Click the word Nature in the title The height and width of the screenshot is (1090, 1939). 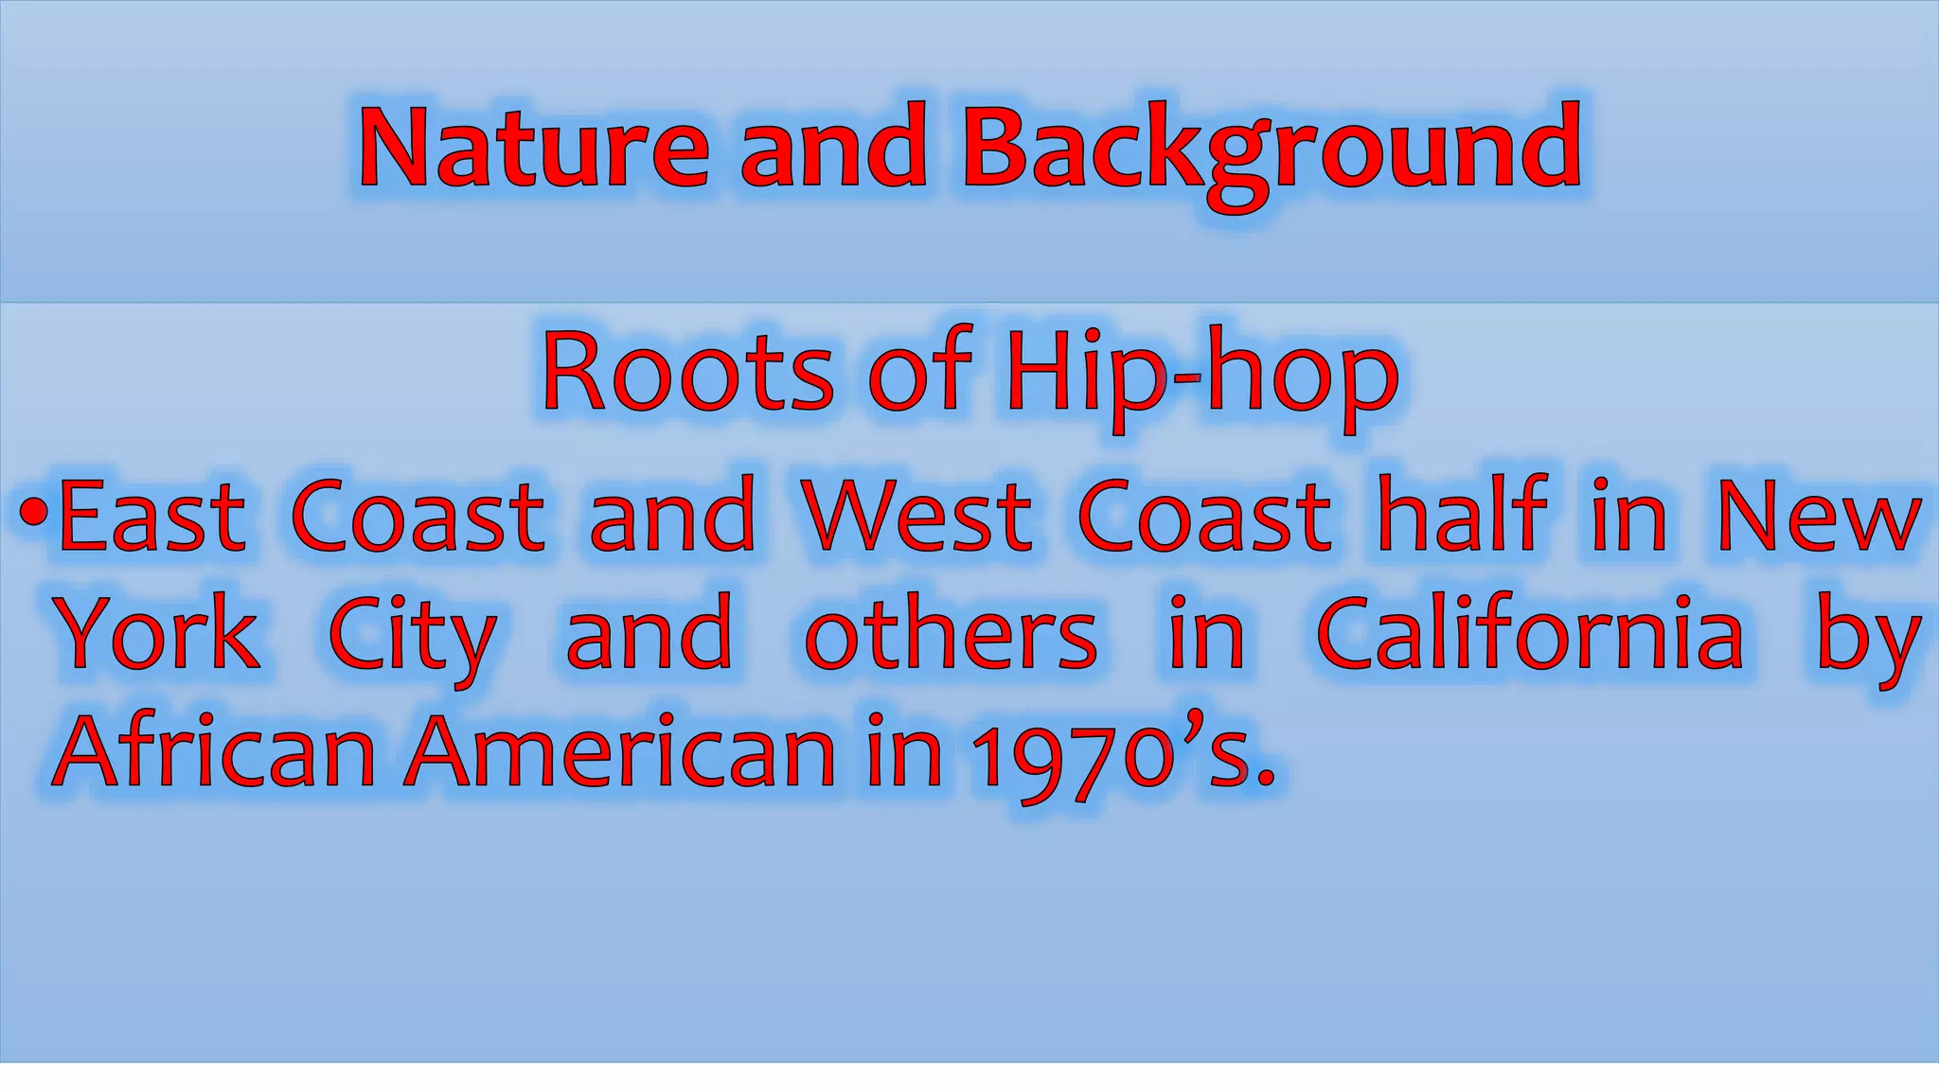tap(533, 149)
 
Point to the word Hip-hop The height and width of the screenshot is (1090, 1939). tap(1201, 375)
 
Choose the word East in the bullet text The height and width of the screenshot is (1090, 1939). tap(151, 516)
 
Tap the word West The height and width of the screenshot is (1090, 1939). tap(916, 516)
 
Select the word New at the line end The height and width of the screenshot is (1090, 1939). tap(1819, 516)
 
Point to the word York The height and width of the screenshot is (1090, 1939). tap(157, 633)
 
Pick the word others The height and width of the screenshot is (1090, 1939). tap(951, 633)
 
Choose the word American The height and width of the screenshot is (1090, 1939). tap(620, 751)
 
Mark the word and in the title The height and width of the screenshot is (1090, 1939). tap(833, 149)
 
